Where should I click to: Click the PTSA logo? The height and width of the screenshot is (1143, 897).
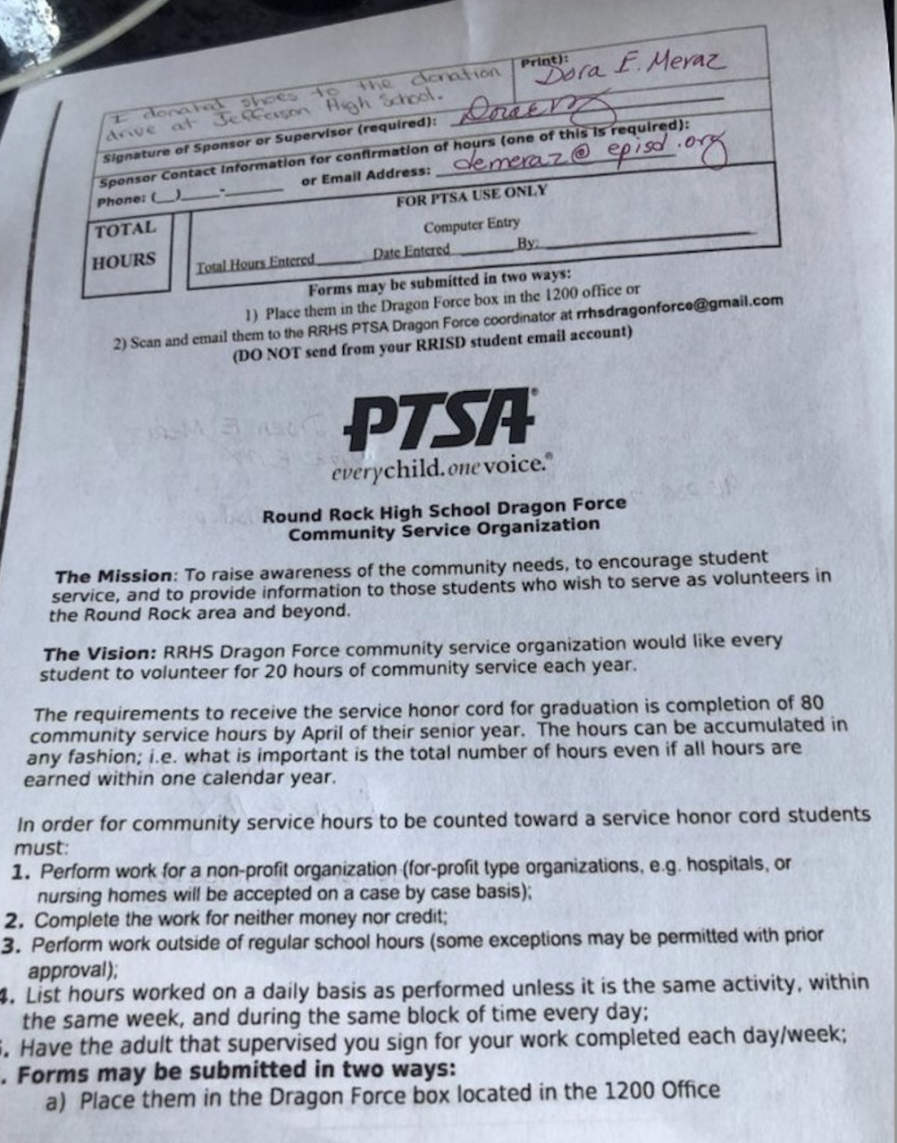click(440, 420)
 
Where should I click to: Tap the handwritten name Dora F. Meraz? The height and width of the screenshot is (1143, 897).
click(631, 68)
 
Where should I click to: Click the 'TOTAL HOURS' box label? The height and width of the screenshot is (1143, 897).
click(125, 246)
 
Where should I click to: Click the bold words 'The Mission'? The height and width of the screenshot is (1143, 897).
click(112, 576)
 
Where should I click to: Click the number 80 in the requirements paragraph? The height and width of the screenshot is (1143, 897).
click(809, 705)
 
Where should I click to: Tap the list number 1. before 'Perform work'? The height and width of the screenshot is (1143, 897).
click(21, 872)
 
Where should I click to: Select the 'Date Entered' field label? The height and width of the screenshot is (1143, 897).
click(411, 252)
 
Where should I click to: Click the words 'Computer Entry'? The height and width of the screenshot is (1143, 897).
click(471, 226)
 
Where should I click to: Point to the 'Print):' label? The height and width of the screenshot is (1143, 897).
click(544, 62)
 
